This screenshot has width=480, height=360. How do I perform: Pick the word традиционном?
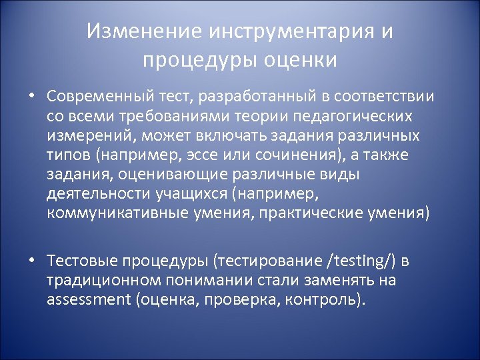click(99, 280)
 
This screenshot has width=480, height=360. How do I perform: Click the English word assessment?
click(89, 299)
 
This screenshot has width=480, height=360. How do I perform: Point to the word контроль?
click(325, 299)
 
